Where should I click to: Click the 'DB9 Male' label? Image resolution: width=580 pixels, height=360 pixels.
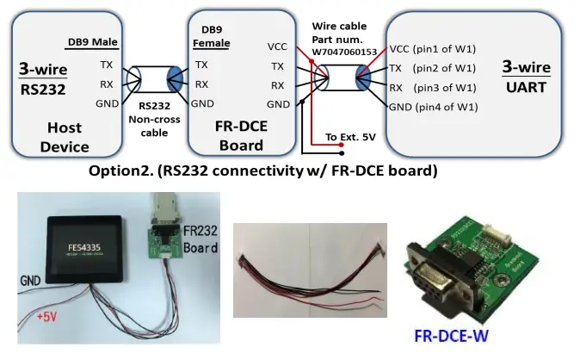pyautogui.click(x=92, y=43)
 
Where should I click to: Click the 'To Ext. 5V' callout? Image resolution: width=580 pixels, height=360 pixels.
pyautogui.click(x=349, y=137)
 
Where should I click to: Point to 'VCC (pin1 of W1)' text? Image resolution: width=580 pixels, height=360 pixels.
pyautogui.click(x=432, y=48)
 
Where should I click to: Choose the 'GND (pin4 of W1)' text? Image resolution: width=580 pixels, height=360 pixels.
pyautogui.click(x=433, y=107)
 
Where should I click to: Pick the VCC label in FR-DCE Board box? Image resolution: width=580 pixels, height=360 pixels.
pyautogui.click(x=278, y=47)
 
